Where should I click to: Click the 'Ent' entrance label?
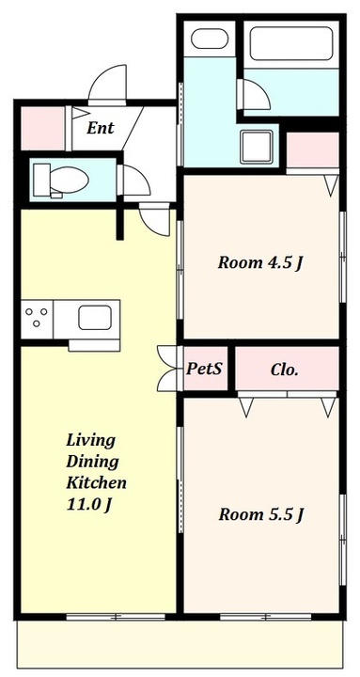click(101, 128)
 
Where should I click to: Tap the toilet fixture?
click(61, 180)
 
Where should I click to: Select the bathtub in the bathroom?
click(291, 43)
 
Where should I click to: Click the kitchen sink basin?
click(95, 318)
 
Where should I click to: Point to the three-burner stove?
click(37, 318)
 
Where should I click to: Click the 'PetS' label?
click(204, 369)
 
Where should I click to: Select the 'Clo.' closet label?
click(285, 370)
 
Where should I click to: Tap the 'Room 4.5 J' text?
click(258, 262)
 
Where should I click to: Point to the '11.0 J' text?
click(89, 504)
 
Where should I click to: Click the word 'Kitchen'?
click(96, 482)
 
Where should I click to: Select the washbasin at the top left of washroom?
click(210, 39)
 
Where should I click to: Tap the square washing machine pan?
click(257, 147)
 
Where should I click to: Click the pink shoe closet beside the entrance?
click(42, 128)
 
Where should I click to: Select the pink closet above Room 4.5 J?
click(313, 150)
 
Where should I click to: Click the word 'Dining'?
click(92, 462)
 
